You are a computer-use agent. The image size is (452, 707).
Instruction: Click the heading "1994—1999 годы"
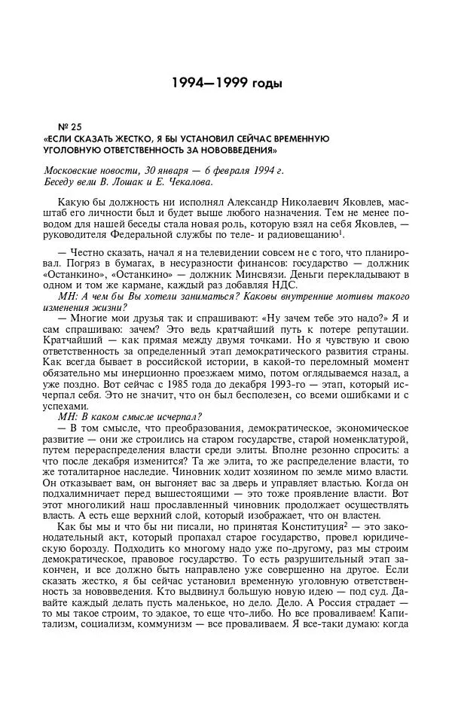point(225,82)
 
